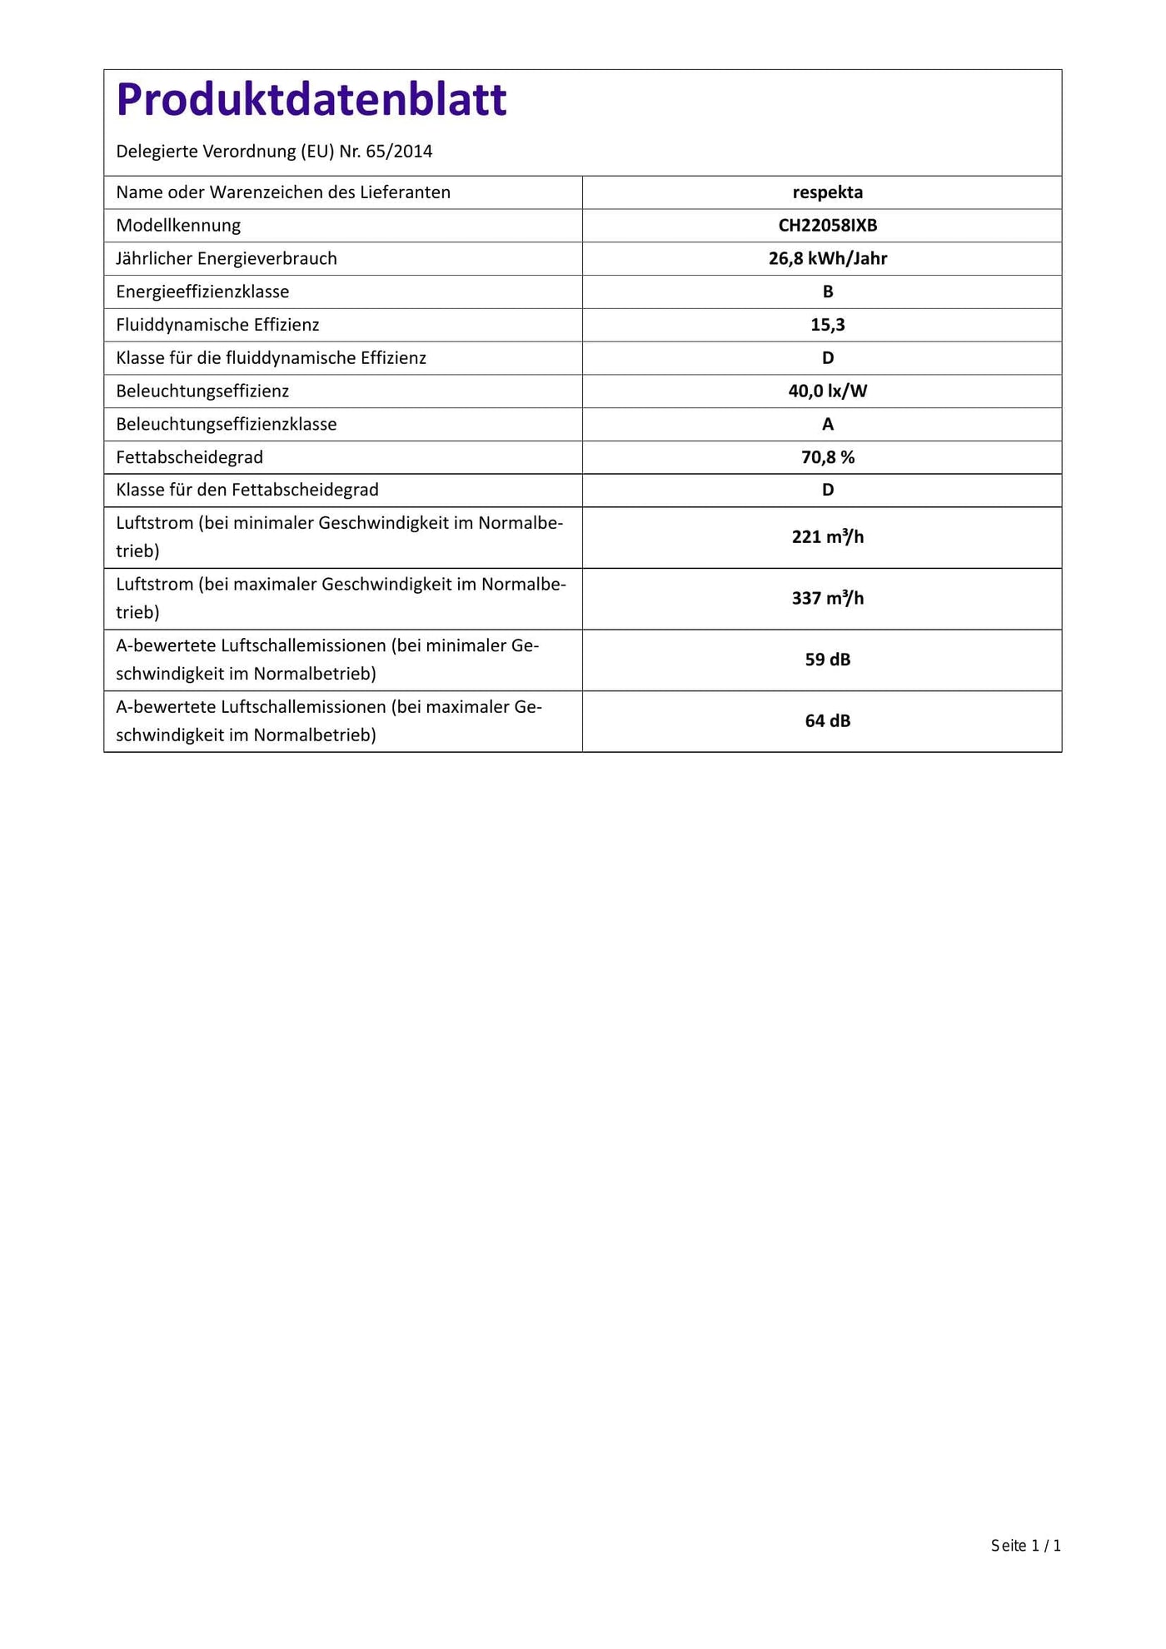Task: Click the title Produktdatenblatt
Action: tap(311, 100)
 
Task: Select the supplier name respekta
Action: tap(827, 192)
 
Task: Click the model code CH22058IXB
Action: tap(827, 226)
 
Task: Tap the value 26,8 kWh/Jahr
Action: tap(827, 259)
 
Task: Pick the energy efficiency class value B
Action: tap(827, 292)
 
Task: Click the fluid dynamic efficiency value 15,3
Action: tap(827, 325)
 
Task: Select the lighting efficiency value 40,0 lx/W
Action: tap(827, 391)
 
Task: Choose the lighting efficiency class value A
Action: tap(827, 425)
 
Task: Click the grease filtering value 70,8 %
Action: tap(827, 457)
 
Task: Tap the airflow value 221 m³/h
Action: tap(827, 537)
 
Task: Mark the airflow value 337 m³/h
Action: tap(827, 599)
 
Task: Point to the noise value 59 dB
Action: tap(827, 660)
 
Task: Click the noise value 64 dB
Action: tap(827, 721)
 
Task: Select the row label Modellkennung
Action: tap(178, 226)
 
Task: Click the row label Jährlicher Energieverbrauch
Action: tap(227, 259)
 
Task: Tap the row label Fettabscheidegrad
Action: tap(189, 457)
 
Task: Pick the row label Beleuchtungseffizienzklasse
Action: tap(227, 425)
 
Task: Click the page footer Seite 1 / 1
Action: tap(1025, 1546)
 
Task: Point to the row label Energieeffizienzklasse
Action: tap(202, 292)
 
